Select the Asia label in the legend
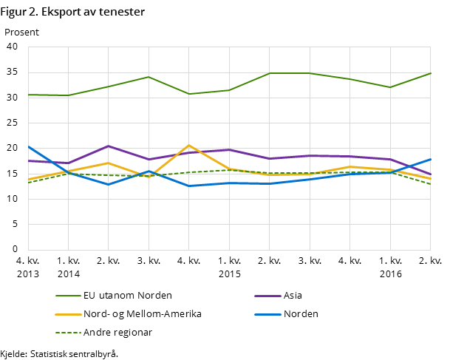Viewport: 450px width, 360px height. click(x=293, y=296)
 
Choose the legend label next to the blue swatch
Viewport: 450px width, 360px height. click(x=301, y=314)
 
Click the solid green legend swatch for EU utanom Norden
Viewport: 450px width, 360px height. click(x=67, y=296)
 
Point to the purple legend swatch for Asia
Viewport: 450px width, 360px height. click(x=266, y=296)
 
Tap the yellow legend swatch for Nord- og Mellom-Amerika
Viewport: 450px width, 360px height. click(x=67, y=314)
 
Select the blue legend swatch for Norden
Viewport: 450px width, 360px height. click(x=266, y=314)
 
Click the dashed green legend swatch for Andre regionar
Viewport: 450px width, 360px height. click(x=67, y=333)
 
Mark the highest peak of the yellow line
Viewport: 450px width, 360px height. click(x=189, y=146)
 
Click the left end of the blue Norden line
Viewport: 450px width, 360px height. click(x=28, y=146)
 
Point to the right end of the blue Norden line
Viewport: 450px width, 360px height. click(x=431, y=159)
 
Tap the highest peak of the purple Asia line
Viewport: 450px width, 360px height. click(x=109, y=146)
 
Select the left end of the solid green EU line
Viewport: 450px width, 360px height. click(x=28, y=95)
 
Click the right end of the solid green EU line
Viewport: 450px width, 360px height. click(x=431, y=73)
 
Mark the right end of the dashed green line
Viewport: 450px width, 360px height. click(x=431, y=184)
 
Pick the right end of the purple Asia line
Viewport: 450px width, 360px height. click(x=431, y=174)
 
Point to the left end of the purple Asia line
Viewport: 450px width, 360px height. click(x=28, y=160)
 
